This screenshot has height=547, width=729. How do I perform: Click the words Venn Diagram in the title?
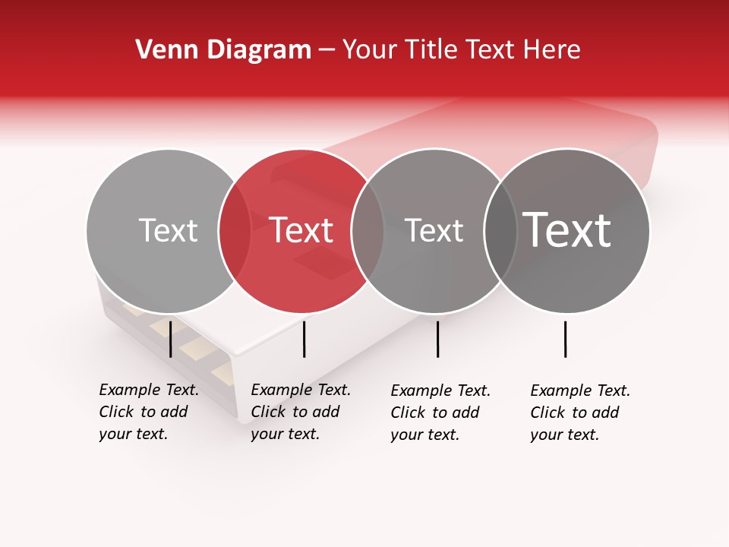tap(223, 50)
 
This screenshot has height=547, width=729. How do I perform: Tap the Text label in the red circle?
tap(301, 230)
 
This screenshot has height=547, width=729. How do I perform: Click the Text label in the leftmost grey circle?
tap(168, 230)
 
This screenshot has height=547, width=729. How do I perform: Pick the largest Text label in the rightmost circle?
tap(567, 229)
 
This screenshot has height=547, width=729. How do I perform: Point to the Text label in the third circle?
tap(434, 230)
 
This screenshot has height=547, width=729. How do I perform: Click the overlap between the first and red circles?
tap(235, 230)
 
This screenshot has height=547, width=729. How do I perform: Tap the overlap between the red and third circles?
tap(368, 230)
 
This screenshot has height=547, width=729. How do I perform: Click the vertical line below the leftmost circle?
tap(171, 339)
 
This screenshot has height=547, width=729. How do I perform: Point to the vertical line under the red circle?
tap(304, 339)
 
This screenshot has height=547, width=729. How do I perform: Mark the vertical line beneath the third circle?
tap(437, 339)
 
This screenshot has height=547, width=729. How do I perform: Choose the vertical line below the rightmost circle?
tap(566, 339)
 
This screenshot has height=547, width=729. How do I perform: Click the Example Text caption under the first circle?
tap(148, 412)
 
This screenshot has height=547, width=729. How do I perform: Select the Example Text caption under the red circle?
tap(300, 412)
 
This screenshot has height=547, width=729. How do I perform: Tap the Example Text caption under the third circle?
tap(440, 413)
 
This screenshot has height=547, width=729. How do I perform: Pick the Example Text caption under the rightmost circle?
tap(579, 413)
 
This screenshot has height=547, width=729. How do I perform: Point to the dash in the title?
tap(327, 50)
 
